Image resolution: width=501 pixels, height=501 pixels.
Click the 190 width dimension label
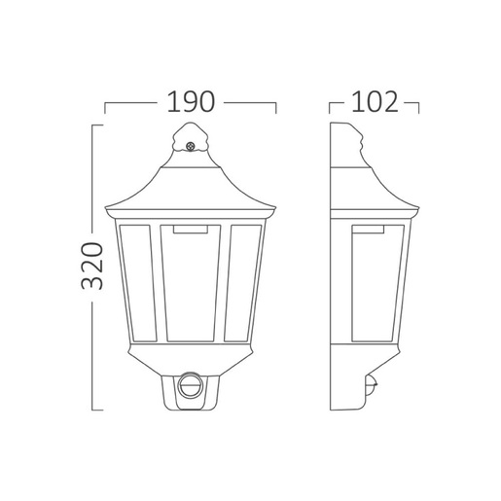click(x=191, y=102)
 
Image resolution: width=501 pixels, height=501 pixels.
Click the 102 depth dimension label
click(x=375, y=102)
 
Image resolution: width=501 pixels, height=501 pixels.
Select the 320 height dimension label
click(x=92, y=266)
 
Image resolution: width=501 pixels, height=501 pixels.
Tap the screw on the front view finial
click(x=190, y=147)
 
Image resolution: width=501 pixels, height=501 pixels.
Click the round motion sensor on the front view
click(x=191, y=385)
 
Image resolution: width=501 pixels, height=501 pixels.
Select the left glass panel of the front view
click(x=138, y=283)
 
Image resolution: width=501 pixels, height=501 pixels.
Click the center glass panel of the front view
click(x=191, y=283)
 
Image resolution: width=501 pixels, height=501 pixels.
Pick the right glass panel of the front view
click(x=243, y=283)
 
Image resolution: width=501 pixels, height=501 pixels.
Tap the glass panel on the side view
click(x=377, y=283)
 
